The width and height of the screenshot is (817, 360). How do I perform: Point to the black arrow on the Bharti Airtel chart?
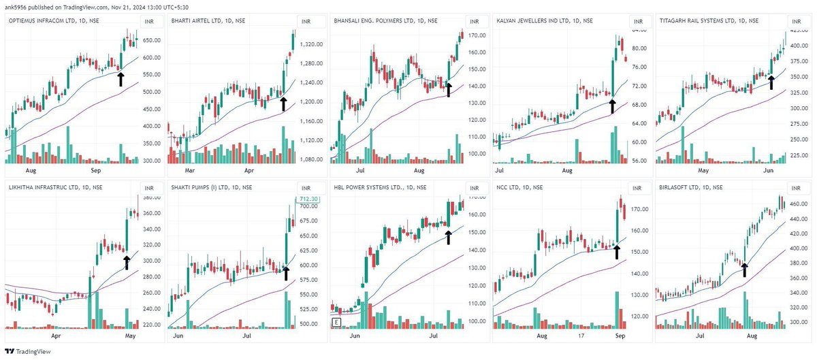tap(283, 103)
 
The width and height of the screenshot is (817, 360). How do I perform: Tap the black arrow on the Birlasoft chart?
tap(745, 269)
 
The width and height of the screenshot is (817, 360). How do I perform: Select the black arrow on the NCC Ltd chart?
tap(617, 251)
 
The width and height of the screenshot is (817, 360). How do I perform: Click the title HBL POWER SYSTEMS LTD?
tap(377, 187)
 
